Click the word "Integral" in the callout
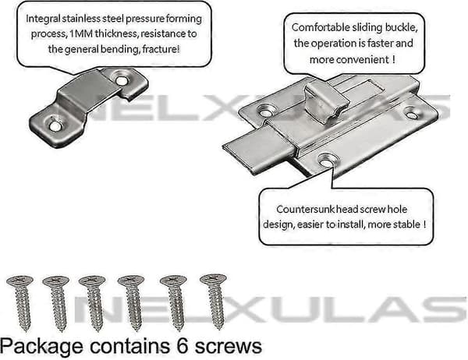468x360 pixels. pyautogui.click(x=43, y=19)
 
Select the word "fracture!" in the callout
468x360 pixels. pyautogui.click(x=161, y=49)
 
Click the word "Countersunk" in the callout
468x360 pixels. pyautogui.click(x=305, y=210)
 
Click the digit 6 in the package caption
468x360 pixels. pyautogui.click(x=183, y=346)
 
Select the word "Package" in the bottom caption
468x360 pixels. pyautogui.click(x=41, y=348)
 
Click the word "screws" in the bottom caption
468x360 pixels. pyautogui.click(x=229, y=348)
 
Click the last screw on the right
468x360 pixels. pyautogui.click(x=214, y=302)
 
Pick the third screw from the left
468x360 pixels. pyautogui.click(x=93, y=303)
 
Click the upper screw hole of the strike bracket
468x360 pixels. pyautogui.click(x=121, y=80)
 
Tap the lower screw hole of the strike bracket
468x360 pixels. pyautogui.click(x=55, y=125)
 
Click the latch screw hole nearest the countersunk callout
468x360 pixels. pyautogui.click(x=326, y=162)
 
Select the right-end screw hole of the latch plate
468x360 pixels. pyautogui.click(x=412, y=115)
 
